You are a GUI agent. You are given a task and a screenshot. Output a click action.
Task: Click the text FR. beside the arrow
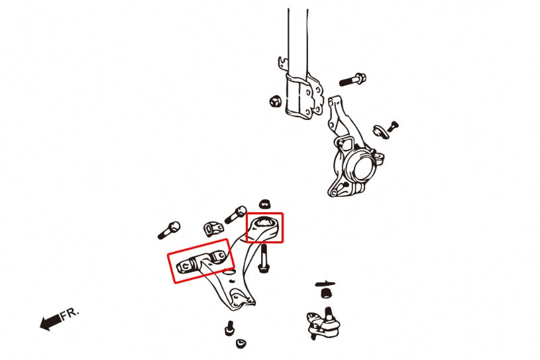click(x=70, y=314)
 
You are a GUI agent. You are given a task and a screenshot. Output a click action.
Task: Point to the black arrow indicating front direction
click(x=51, y=322)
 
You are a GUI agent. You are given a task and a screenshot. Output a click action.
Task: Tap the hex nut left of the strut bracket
click(x=276, y=101)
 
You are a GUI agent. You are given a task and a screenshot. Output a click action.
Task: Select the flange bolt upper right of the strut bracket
click(x=352, y=80)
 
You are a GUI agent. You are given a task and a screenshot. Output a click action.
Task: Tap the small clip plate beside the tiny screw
click(x=380, y=131)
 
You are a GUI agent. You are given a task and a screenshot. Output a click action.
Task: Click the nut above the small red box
click(x=264, y=204)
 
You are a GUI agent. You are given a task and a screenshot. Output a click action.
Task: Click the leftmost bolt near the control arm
click(x=169, y=231)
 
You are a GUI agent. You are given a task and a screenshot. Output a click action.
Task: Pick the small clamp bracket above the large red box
click(x=213, y=229)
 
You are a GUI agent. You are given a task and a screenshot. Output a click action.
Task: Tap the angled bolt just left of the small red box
click(x=235, y=214)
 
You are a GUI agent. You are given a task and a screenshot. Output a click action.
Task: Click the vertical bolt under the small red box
click(x=264, y=259)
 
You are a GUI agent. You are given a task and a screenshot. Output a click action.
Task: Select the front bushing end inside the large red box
click(x=186, y=266)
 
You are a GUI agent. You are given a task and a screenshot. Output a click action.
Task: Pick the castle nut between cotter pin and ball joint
click(x=326, y=293)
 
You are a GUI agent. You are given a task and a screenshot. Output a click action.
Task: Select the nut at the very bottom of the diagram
click(x=241, y=343)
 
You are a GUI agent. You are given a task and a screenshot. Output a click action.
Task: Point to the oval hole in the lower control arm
click(x=228, y=272)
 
